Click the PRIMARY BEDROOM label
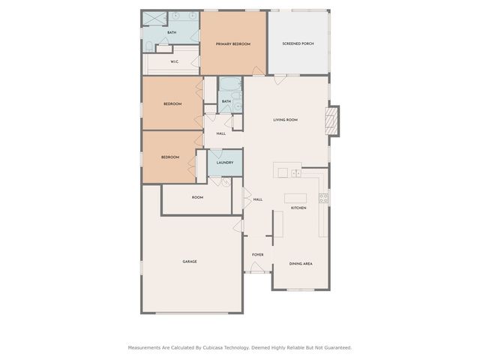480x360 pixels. click(x=232, y=44)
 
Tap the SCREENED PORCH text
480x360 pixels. click(x=298, y=44)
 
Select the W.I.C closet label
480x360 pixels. click(x=174, y=62)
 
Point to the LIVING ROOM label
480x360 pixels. click(x=285, y=120)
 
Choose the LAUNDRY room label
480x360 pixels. click(x=224, y=163)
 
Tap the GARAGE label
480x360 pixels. click(x=190, y=262)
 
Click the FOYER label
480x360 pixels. click(x=257, y=255)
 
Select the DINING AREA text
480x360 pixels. click(x=300, y=264)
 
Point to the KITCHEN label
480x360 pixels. click(x=298, y=208)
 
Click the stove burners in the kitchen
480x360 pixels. click(x=323, y=198)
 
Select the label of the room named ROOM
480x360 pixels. click(x=197, y=198)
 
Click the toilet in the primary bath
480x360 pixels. click(x=159, y=49)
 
